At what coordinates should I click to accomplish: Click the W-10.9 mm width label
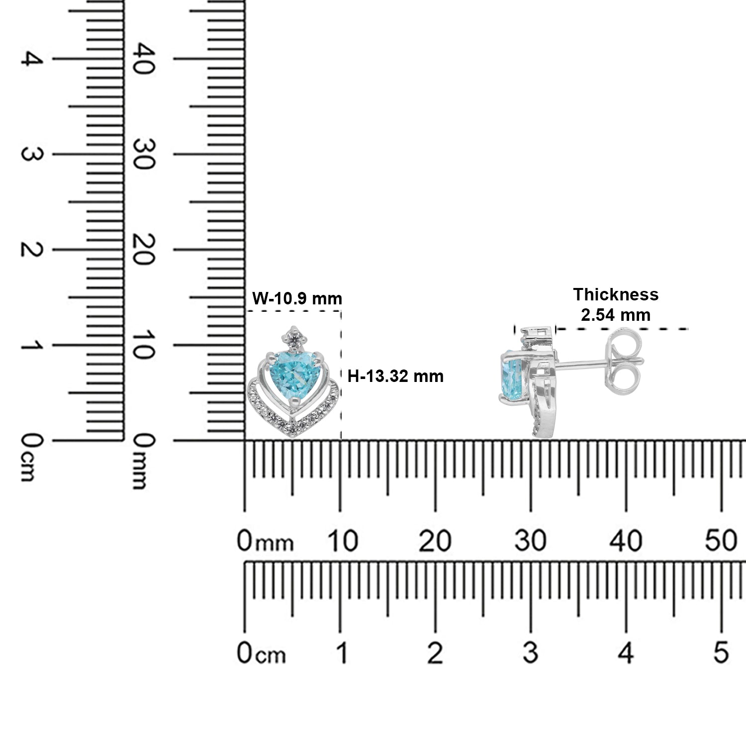tap(297, 298)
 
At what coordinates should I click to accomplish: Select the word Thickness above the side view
tap(616, 294)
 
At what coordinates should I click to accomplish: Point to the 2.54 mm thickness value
tap(616, 315)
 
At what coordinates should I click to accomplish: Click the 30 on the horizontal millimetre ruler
tap(531, 541)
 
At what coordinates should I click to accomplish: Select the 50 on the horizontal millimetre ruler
tap(721, 541)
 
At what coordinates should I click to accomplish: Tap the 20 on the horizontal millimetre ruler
tap(435, 541)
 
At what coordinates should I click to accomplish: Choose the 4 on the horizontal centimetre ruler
tap(627, 652)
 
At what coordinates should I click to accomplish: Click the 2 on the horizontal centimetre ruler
tap(435, 652)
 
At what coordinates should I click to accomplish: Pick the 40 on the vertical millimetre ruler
tap(141, 59)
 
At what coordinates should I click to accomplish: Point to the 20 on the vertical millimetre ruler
tap(141, 250)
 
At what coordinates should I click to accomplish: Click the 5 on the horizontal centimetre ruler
tap(721, 652)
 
